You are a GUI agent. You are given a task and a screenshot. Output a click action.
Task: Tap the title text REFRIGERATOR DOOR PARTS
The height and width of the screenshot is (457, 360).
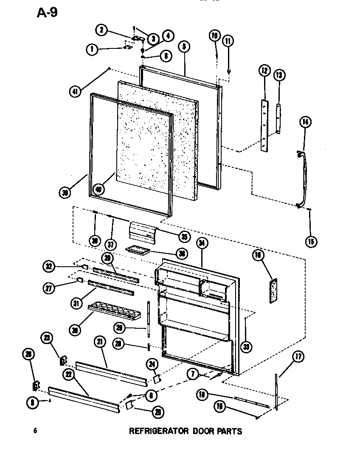(x=185, y=431)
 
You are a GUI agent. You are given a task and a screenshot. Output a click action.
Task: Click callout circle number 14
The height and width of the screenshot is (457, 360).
(x=305, y=122)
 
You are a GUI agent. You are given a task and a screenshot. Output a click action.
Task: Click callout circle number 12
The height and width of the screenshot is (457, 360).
(x=264, y=71)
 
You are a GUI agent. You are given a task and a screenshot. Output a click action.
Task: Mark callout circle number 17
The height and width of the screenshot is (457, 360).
(x=298, y=357)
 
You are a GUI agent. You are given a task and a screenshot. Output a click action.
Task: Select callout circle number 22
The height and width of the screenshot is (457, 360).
(x=68, y=373)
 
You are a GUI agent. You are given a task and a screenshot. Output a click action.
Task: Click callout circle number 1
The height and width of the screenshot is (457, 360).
(x=91, y=49)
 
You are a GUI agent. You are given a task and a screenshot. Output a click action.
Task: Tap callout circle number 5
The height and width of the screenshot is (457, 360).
(x=184, y=48)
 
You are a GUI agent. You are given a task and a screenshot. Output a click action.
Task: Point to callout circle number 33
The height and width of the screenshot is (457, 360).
(x=246, y=347)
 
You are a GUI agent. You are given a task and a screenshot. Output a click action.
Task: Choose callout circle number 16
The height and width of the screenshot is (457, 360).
(x=258, y=255)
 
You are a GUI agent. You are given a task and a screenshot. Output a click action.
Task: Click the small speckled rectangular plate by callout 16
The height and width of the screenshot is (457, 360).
(x=272, y=291)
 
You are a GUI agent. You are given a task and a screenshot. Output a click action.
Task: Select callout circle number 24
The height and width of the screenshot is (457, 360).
(x=152, y=364)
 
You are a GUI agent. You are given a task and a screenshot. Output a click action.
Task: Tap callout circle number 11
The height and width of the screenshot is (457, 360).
(x=228, y=41)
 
